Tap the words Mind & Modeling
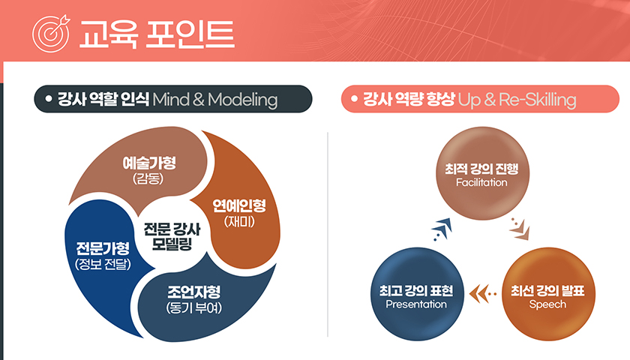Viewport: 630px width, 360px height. coord(214,100)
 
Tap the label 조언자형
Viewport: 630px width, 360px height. coord(193,291)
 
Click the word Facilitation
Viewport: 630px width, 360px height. coord(481,182)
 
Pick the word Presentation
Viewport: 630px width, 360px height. coord(416,304)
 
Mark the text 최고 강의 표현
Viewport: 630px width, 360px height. coord(417,290)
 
